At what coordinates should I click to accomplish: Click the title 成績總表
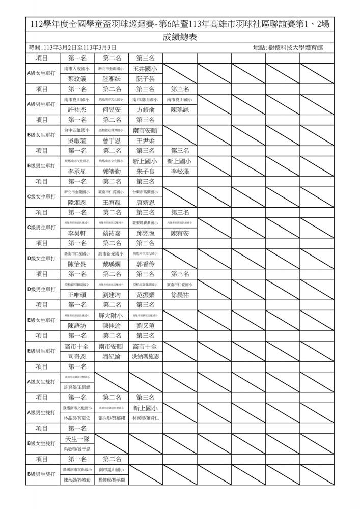tap(180, 37)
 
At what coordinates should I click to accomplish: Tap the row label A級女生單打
tap(42, 73)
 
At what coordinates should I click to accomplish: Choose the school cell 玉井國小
tap(145, 68)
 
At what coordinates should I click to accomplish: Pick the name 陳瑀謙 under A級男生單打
tap(180, 109)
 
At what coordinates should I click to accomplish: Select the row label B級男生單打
tap(42, 166)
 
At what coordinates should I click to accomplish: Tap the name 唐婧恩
tap(145, 202)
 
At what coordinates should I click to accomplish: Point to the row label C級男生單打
tap(42, 228)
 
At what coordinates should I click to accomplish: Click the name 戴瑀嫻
tap(112, 264)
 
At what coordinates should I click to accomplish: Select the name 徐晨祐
tap(180, 295)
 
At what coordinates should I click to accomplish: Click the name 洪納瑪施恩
tap(145, 357)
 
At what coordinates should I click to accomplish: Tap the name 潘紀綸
tap(112, 357)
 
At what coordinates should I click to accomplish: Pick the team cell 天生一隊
tap(77, 439)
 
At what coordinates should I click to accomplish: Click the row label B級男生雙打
tap(42, 474)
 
